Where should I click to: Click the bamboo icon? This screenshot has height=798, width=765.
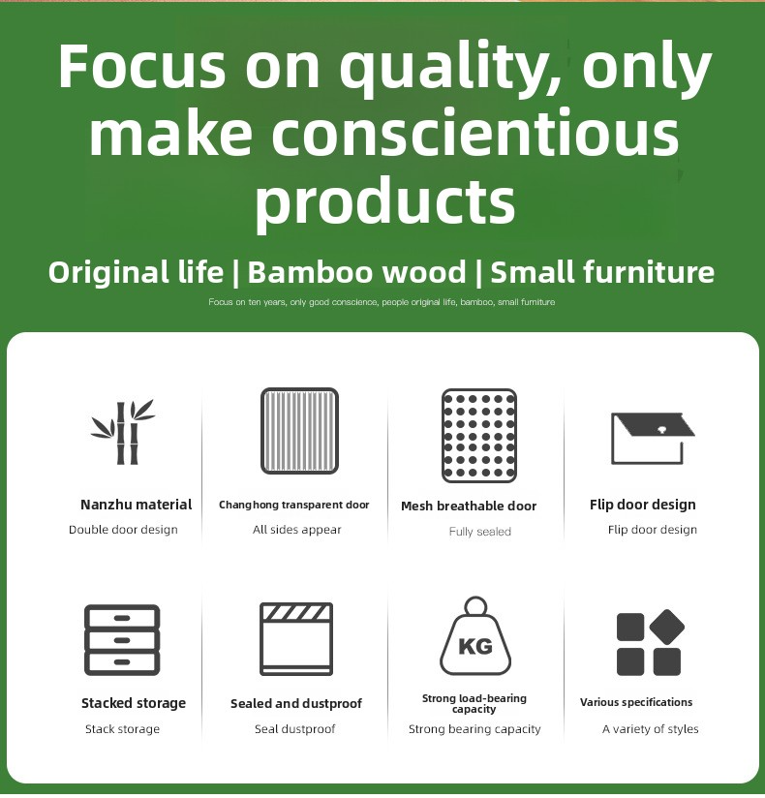click(122, 432)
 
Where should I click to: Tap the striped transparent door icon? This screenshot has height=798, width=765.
click(299, 431)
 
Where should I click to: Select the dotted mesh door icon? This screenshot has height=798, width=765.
click(479, 436)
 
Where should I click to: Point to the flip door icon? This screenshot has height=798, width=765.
click(653, 438)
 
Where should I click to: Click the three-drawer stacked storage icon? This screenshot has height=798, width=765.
click(122, 640)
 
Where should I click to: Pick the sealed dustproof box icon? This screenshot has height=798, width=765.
click(296, 639)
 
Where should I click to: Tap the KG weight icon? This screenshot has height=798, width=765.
click(475, 636)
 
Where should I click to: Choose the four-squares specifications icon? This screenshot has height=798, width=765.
click(650, 642)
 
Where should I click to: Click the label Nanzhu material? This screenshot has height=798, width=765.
click(136, 505)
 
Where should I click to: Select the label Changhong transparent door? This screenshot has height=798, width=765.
click(293, 505)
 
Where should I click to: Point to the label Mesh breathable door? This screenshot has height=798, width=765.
click(469, 506)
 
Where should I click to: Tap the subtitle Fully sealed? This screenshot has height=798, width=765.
click(480, 532)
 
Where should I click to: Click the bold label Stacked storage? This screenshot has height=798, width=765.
click(134, 703)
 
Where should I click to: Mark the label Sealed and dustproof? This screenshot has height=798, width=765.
click(295, 703)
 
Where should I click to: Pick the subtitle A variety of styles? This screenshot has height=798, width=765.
click(650, 729)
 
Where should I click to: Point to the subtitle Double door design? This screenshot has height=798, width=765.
click(123, 530)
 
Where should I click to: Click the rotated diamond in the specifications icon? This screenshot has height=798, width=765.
click(667, 627)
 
